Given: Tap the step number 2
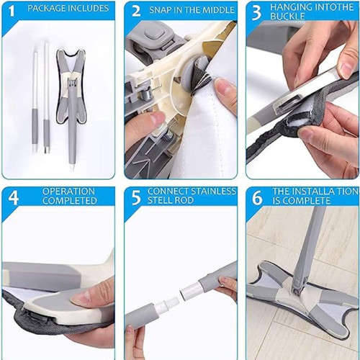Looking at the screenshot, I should click(135, 10).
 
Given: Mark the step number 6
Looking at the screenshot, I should click(256, 196).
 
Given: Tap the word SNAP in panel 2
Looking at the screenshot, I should click(162, 10).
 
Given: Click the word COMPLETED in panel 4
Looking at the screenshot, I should click(69, 200).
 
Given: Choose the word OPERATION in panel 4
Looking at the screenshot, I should click(69, 191).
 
